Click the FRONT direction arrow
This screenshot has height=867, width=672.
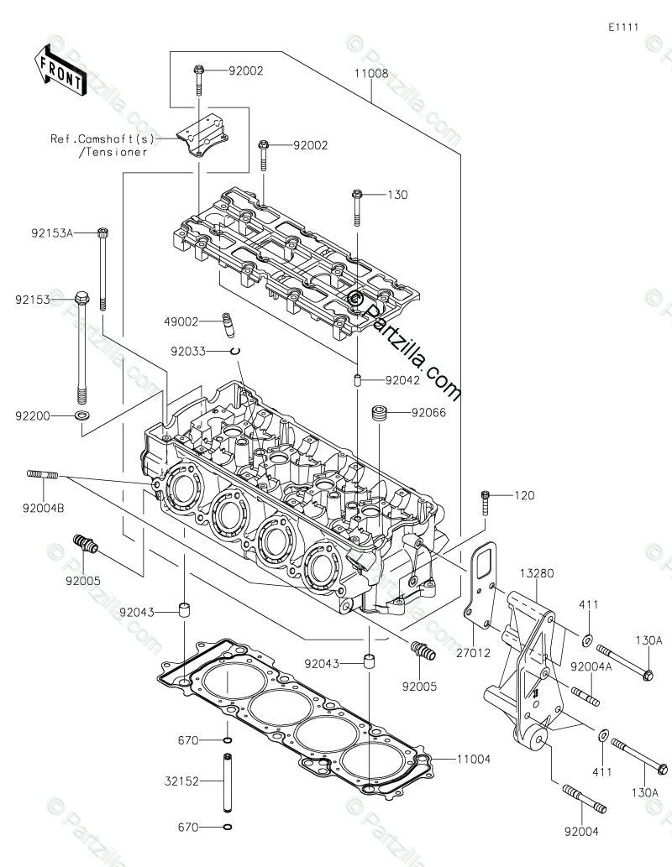pos(60,71)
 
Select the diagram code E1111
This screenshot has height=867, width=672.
pos(624,27)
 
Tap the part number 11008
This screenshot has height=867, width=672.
pos(370,74)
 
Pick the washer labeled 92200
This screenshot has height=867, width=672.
pos(82,415)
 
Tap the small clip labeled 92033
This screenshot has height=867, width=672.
pos(236,351)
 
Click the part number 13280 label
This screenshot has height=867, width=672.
pos(538,572)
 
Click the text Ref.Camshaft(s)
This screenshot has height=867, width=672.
pos(110,139)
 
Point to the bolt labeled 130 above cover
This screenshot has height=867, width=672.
pos(356,206)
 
